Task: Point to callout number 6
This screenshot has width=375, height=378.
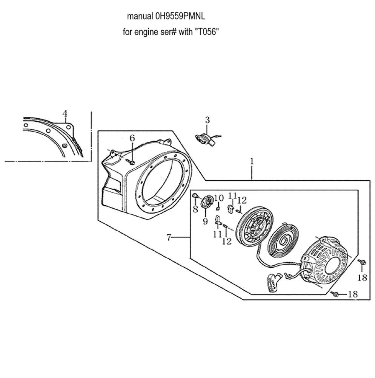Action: (132, 138)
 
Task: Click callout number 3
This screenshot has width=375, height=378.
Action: (207, 120)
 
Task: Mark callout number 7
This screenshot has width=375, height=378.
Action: (169, 237)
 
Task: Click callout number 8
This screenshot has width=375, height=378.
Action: (195, 209)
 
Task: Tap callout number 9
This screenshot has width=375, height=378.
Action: (205, 222)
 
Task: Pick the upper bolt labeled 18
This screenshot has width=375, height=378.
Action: (361, 262)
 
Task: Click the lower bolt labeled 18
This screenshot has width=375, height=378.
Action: (334, 294)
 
